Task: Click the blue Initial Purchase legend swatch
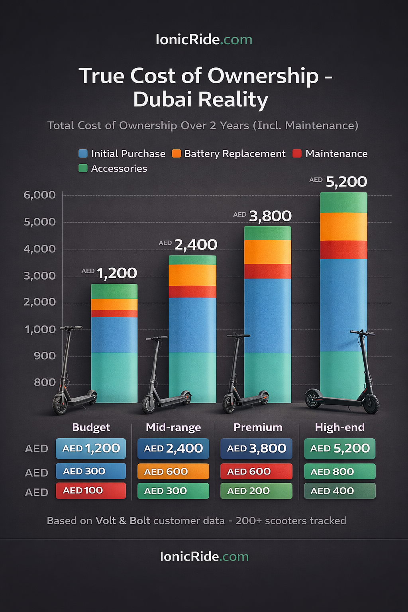click(83, 154)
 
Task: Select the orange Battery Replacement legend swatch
click(176, 154)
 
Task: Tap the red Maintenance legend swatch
click(297, 154)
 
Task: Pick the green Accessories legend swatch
click(83, 168)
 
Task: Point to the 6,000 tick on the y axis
click(40, 195)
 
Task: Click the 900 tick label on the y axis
click(45, 356)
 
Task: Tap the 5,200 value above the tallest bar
click(346, 182)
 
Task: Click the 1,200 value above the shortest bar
click(116, 273)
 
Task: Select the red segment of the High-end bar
click(343, 250)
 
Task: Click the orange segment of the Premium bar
click(267, 252)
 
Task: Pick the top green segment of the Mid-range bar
click(192, 260)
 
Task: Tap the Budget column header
click(91, 427)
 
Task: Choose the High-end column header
click(339, 427)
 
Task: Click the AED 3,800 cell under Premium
click(256, 449)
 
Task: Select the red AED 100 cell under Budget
click(91, 490)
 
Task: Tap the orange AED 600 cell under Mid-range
click(173, 471)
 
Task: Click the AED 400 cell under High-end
click(339, 491)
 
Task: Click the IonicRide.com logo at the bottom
click(204, 557)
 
